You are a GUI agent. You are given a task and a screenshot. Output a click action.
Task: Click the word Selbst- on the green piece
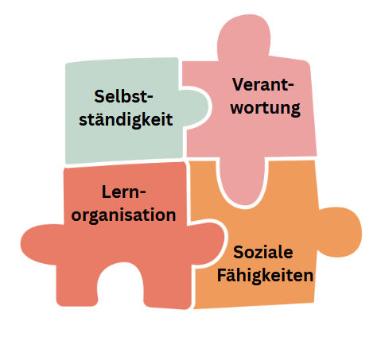[123, 96]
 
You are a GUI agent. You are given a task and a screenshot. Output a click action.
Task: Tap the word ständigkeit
[126, 119]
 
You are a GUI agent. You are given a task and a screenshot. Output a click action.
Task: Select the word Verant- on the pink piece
[263, 84]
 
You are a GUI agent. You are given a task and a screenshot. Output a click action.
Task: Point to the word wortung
[266, 108]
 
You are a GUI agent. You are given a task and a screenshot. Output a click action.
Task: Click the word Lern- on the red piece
[124, 192]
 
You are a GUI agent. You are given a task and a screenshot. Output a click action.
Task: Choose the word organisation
[123, 215]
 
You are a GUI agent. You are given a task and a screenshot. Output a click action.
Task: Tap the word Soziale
[263, 252]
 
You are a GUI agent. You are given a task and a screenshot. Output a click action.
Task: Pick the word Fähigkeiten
[265, 276]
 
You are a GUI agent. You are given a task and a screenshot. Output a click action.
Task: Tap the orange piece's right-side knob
[340, 232]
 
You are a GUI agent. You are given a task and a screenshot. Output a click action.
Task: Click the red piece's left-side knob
[42, 244]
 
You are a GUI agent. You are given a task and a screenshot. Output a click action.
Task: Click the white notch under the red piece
[121, 286]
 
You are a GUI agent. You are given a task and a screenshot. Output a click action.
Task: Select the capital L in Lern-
[106, 192]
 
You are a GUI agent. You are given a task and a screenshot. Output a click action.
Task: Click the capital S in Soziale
[239, 252]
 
